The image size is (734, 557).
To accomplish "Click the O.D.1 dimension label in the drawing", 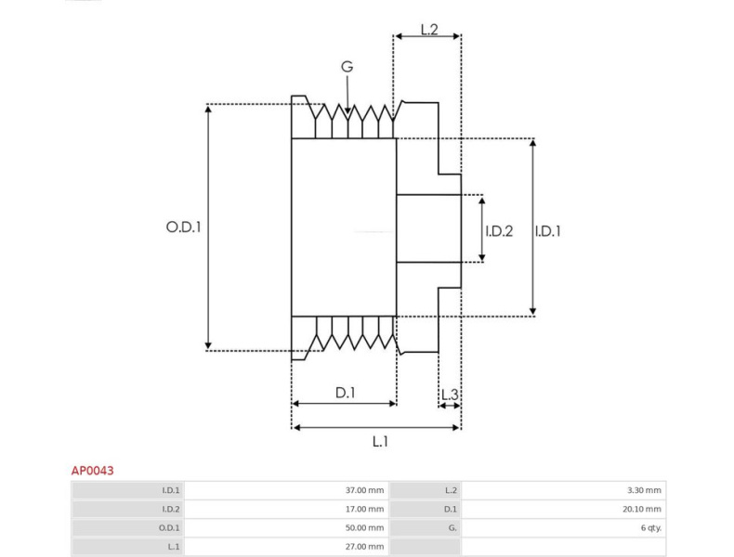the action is [x=184, y=227].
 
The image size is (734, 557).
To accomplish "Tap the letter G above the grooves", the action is [x=347, y=67].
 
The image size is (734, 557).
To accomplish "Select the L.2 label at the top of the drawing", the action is [x=429, y=29].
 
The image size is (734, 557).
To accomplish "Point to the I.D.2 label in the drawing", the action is [x=499, y=230].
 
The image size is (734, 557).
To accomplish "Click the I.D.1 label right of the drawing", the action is [x=547, y=230].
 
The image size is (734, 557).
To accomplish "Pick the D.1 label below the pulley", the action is [x=346, y=393].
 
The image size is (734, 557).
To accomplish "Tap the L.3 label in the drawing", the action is [x=450, y=395].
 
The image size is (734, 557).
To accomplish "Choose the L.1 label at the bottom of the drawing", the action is [x=380, y=441].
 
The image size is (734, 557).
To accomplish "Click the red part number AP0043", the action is [x=92, y=471].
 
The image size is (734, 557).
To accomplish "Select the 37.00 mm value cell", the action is [x=364, y=490].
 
